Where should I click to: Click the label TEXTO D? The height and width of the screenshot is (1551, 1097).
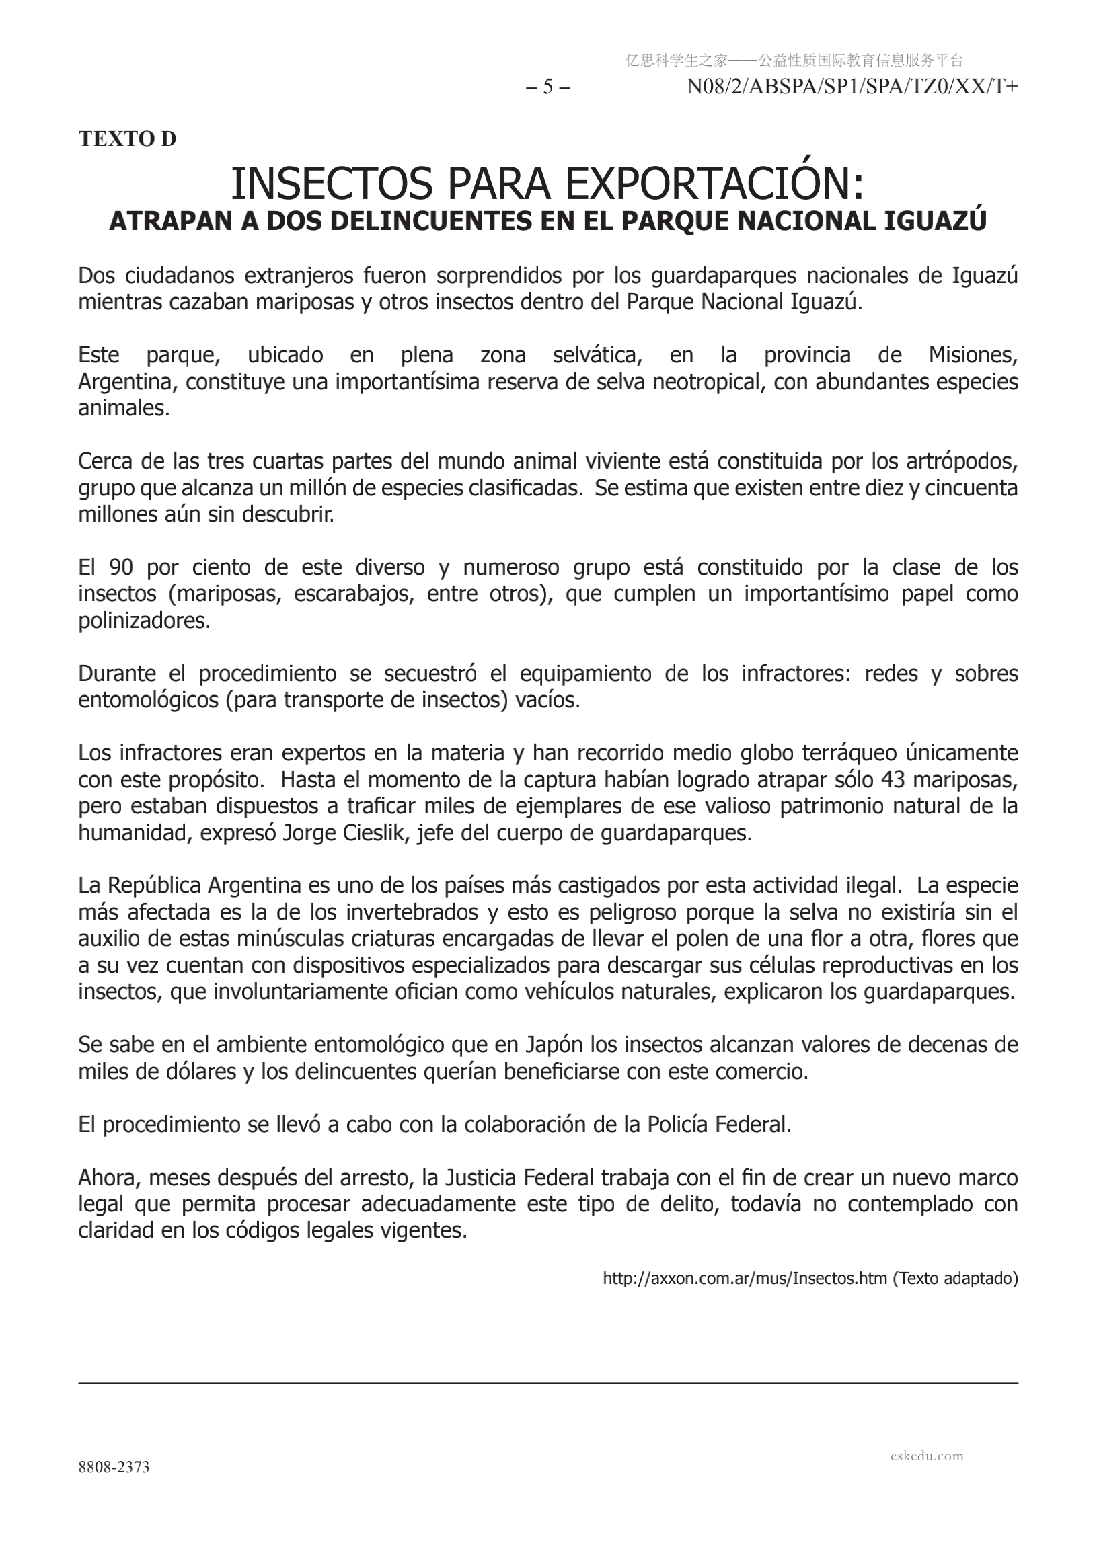click(x=127, y=138)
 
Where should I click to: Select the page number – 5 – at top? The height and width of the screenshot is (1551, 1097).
click(x=547, y=87)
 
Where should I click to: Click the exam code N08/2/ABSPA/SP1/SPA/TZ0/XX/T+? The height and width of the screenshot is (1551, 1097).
click(x=852, y=87)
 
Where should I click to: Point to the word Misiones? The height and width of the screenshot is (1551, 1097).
click(x=973, y=356)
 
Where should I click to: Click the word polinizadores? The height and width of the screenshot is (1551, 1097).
click(x=144, y=621)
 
